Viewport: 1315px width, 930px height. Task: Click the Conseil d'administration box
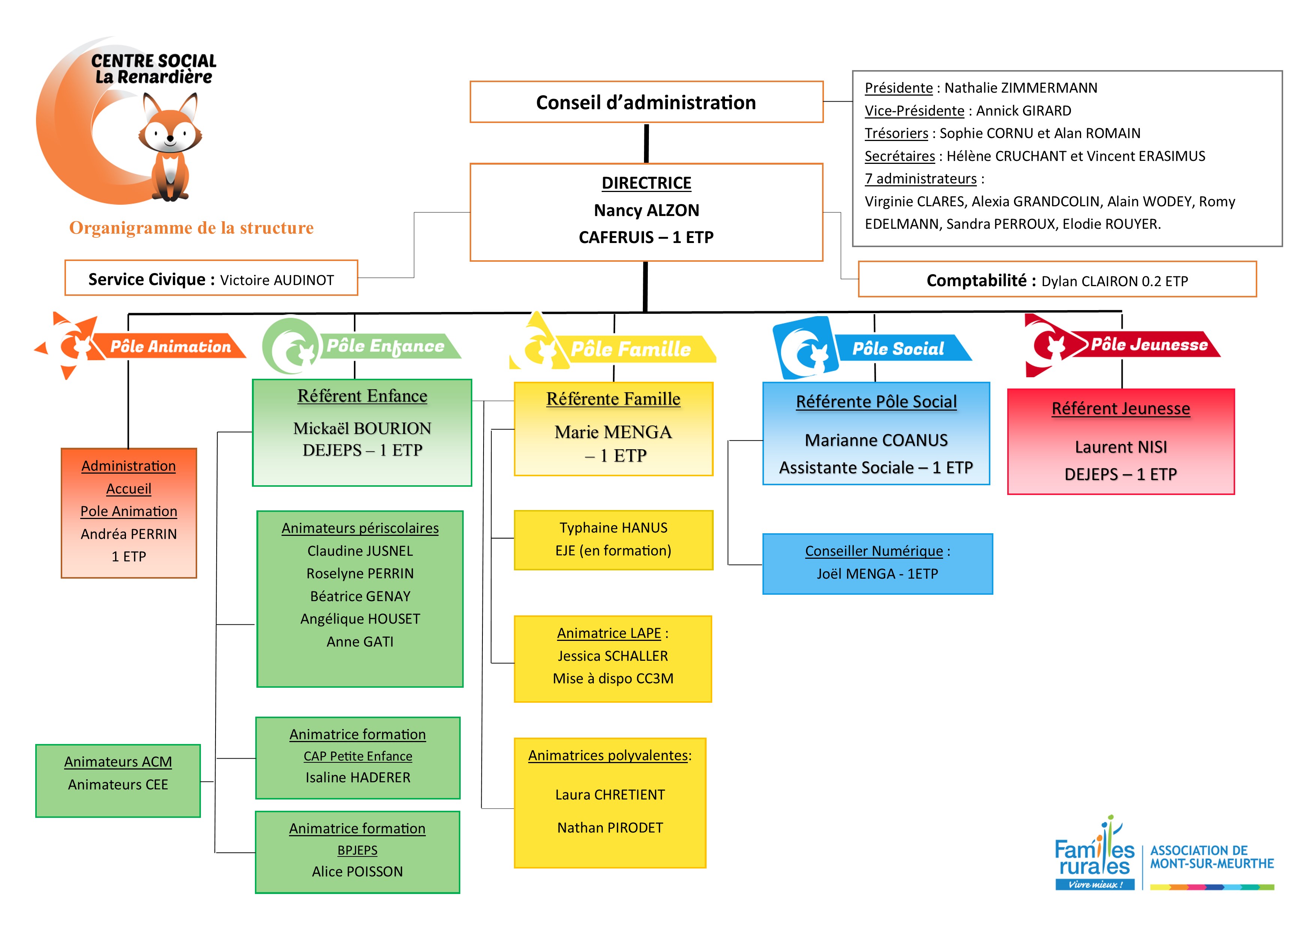click(646, 102)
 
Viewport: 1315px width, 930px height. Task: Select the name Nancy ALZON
click(646, 210)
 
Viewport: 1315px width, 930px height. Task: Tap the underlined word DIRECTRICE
click(646, 183)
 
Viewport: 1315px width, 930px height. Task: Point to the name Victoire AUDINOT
click(277, 280)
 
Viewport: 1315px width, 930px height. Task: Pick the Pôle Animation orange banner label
click(170, 346)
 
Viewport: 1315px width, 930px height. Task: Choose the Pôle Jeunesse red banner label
click(1149, 344)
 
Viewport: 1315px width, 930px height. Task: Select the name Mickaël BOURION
click(362, 429)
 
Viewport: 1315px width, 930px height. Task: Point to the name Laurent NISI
click(1120, 447)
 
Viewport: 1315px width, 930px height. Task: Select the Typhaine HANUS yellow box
click(613, 540)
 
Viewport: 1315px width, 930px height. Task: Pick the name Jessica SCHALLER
click(613, 656)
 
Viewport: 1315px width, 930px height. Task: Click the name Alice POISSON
click(357, 871)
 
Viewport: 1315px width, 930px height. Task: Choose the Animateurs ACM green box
click(118, 780)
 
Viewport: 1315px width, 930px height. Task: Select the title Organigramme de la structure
click(191, 228)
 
